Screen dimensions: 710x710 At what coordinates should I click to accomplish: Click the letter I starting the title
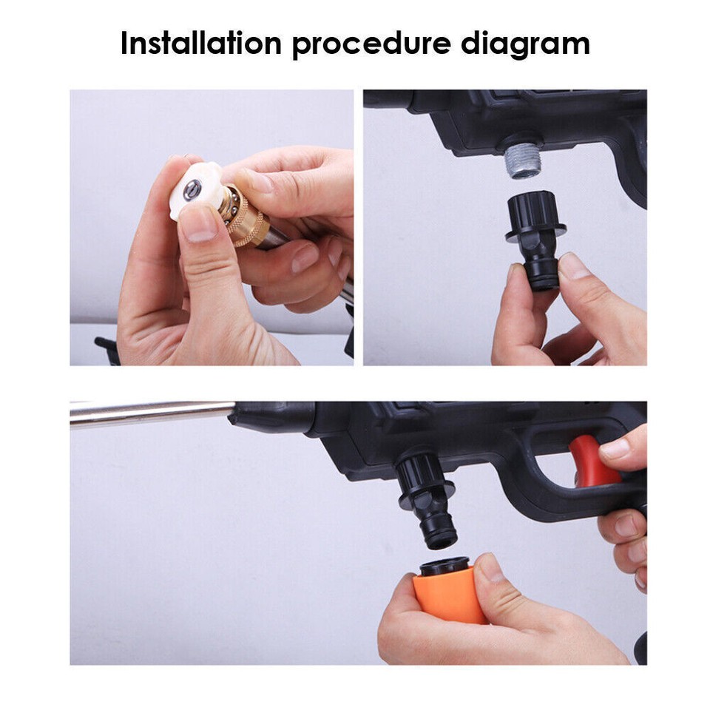[124, 44]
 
